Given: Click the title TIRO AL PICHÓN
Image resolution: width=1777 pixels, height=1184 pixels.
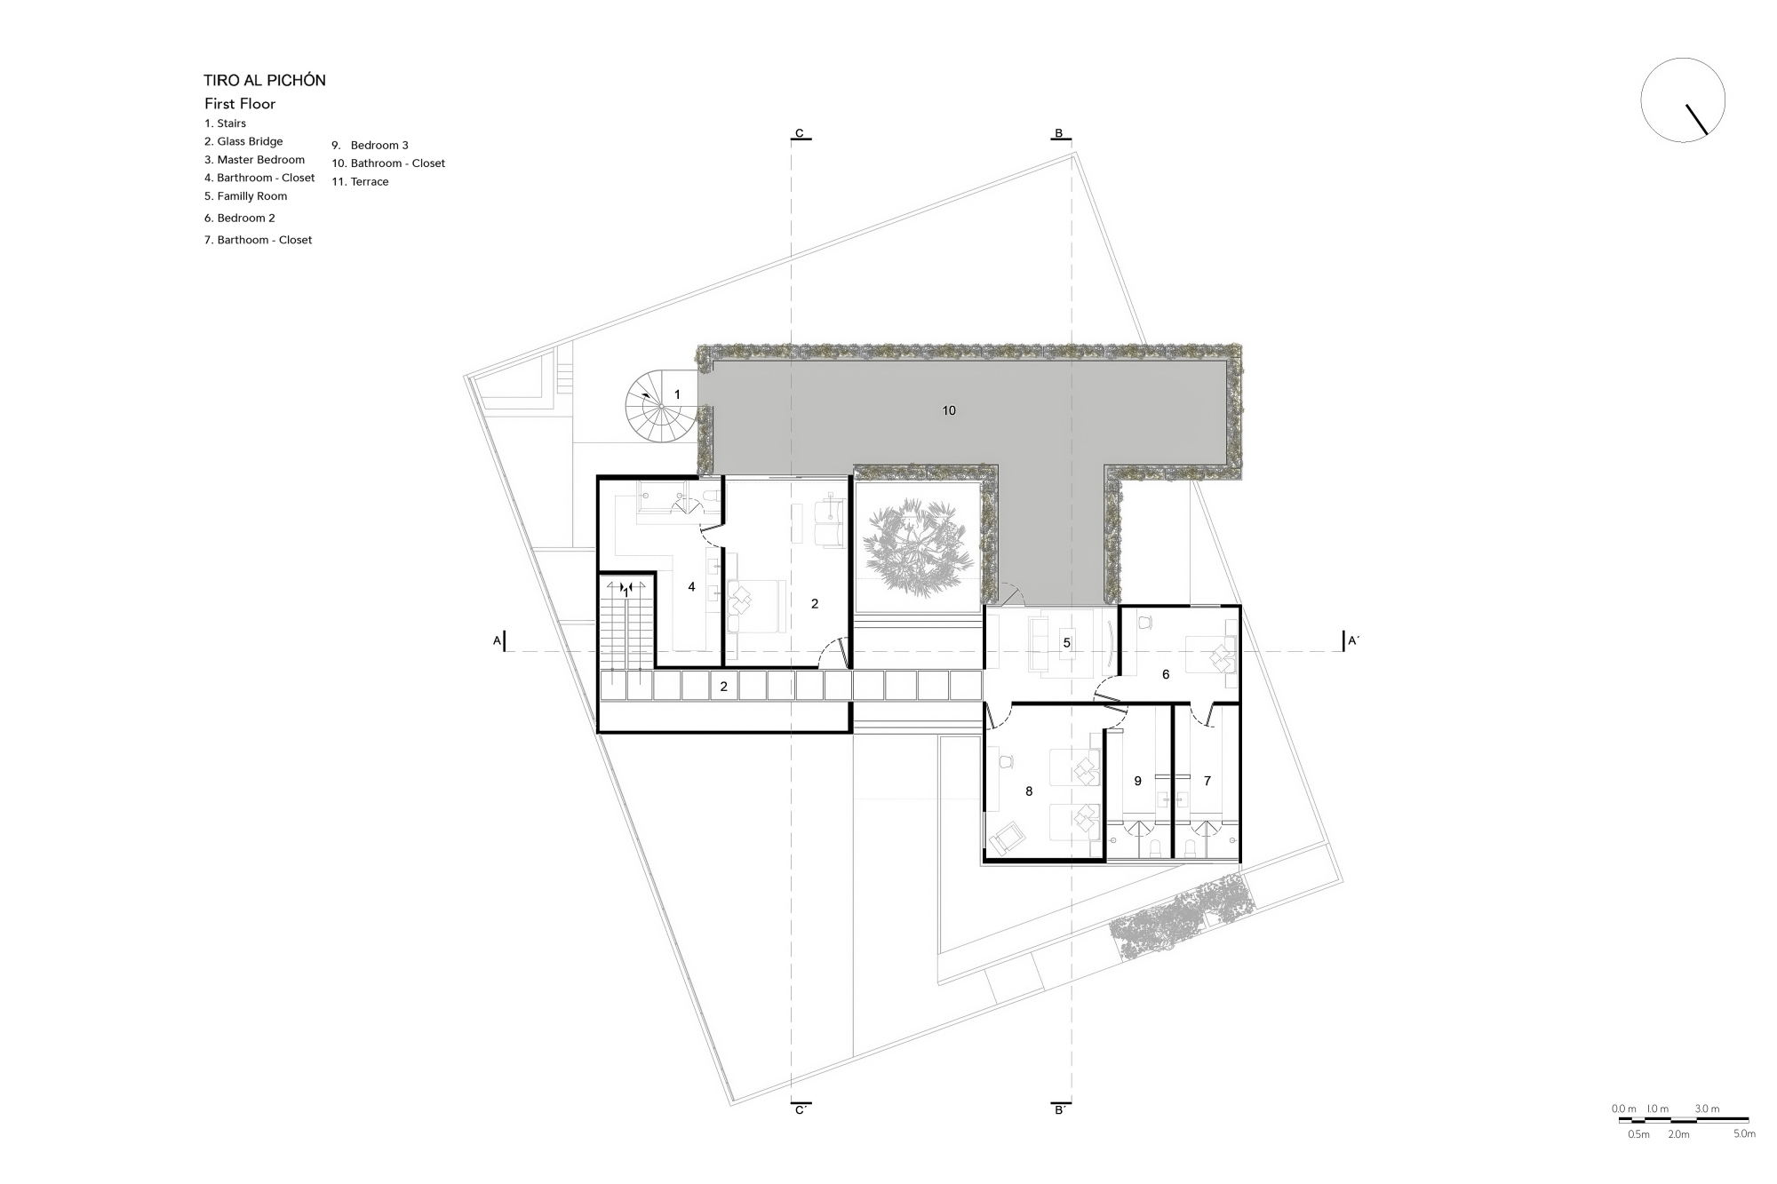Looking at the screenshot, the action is pyautogui.click(x=265, y=80).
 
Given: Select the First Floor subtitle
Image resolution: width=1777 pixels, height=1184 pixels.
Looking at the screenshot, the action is pyautogui.click(x=240, y=104).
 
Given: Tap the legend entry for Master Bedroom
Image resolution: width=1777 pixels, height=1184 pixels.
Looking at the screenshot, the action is pyautogui.click(x=254, y=160).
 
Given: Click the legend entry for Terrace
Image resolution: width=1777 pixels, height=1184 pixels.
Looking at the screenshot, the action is pyautogui.click(x=360, y=181).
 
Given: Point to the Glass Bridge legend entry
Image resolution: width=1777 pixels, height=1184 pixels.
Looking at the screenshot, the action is pyautogui.click(x=243, y=141).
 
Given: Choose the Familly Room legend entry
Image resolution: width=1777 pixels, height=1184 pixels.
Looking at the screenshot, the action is pyautogui.click(x=245, y=196).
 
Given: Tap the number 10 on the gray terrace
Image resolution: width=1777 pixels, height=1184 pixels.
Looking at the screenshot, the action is pyautogui.click(x=949, y=410).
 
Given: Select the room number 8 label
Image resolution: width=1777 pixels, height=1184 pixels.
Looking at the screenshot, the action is pyautogui.click(x=1029, y=791).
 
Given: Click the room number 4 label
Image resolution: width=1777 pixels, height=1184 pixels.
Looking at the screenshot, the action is pyautogui.click(x=691, y=587).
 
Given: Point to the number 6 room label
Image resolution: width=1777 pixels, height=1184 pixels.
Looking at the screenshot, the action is pyautogui.click(x=1166, y=674).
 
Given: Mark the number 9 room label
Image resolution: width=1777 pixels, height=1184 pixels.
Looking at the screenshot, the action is pyautogui.click(x=1138, y=781).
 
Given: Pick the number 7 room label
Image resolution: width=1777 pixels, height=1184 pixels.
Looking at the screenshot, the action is pyautogui.click(x=1207, y=781).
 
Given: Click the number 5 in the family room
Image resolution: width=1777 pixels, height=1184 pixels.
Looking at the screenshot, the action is pyautogui.click(x=1067, y=643).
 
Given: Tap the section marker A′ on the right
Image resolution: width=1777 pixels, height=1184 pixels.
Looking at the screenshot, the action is pyautogui.click(x=1352, y=640).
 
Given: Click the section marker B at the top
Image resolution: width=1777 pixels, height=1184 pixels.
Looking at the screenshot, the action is pyautogui.click(x=1058, y=134).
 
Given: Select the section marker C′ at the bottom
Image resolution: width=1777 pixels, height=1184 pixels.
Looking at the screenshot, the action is pyautogui.click(x=801, y=1109).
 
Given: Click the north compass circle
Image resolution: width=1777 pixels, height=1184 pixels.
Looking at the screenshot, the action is pyautogui.click(x=1683, y=100).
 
